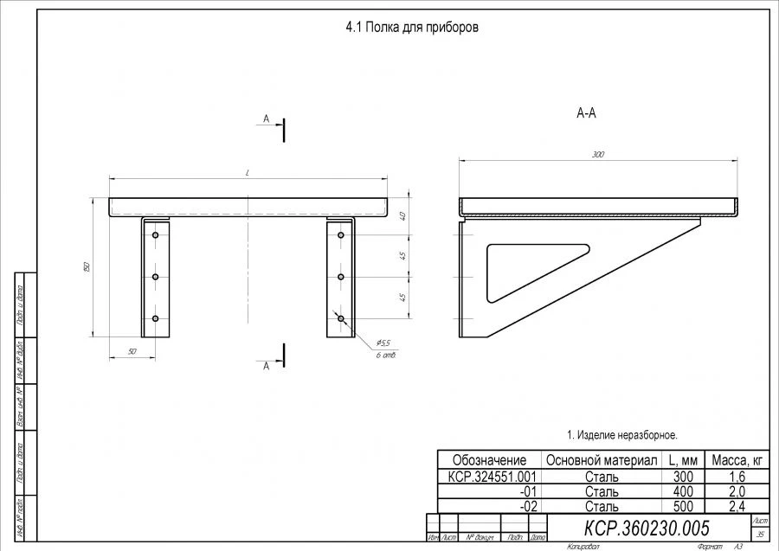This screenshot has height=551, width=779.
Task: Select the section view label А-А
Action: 586,112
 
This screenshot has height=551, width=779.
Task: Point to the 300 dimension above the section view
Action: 598,155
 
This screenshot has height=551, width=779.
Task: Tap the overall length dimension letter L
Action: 248,173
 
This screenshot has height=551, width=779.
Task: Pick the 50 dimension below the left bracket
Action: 132,351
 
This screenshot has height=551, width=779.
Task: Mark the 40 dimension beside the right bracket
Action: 403,216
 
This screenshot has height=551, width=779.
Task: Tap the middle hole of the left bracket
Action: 155,277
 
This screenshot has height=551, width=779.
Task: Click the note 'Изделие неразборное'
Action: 621,434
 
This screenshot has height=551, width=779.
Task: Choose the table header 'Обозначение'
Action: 489,460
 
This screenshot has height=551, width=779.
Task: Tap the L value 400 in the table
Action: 682,491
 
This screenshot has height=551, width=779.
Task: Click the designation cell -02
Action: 528,506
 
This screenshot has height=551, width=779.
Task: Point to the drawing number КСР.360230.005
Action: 647,528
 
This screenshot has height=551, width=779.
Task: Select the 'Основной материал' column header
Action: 601,460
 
